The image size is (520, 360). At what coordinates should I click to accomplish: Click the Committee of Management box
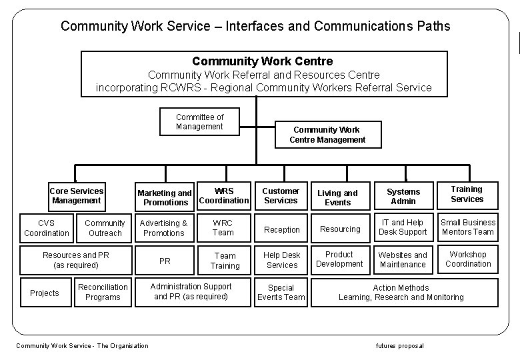click(x=200, y=122)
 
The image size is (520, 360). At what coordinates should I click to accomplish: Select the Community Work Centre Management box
click(x=327, y=135)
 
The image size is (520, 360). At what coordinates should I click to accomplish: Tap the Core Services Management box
click(x=77, y=195)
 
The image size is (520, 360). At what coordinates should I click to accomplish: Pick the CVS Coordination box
click(x=47, y=228)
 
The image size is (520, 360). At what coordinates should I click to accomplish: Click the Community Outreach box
click(x=105, y=228)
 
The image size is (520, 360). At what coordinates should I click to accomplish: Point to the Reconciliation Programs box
click(x=103, y=292)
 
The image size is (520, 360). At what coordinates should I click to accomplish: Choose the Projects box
click(x=45, y=293)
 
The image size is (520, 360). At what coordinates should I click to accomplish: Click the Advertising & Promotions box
click(x=164, y=228)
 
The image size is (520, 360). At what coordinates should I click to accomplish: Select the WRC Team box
click(x=223, y=228)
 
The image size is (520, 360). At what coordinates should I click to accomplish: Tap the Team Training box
click(x=225, y=261)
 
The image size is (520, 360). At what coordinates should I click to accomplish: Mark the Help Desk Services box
click(x=282, y=260)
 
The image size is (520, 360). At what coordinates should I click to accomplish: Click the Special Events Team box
click(x=281, y=293)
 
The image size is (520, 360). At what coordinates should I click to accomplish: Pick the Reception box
click(x=282, y=229)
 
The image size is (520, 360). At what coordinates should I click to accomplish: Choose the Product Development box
click(x=339, y=259)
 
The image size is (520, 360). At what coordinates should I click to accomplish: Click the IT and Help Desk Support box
click(x=403, y=227)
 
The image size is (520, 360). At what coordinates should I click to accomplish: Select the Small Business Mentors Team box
click(x=468, y=227)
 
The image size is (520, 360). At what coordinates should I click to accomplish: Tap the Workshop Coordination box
click(x=468, y=259)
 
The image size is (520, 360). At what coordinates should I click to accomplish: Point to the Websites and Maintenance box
click(x=403, y=260)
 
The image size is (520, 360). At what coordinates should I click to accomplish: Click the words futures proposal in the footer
click(x=400, y=345)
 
